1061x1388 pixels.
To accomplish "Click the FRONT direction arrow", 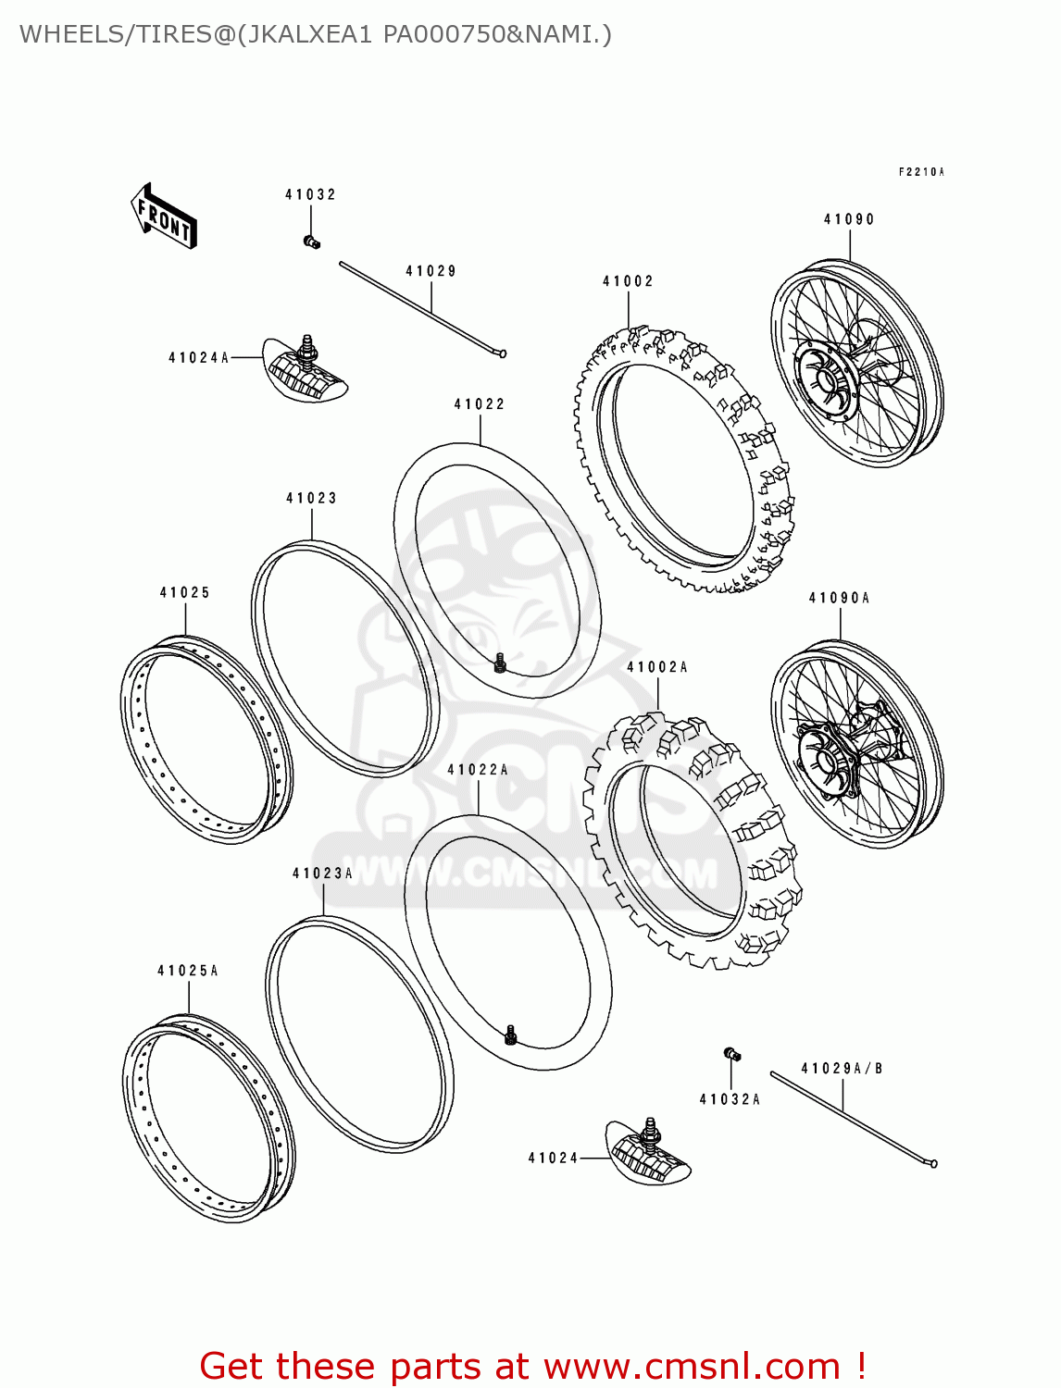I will pyautogui.click(x=164, y=217).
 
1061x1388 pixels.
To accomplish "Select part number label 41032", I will pyautogui.click(x=310, y=194).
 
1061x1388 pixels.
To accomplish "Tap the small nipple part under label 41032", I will pyautogui.click(x=311, y=242).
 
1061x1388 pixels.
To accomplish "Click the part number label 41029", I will pyautogui.click(x=431, y=271).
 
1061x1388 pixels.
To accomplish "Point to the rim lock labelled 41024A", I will pyautogui.click(x=306, y=371).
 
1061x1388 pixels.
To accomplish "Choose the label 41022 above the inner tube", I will pyautogui.click(x=480, y=404).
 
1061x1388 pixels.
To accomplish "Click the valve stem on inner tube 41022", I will pyautogui.click(x=500, y=663).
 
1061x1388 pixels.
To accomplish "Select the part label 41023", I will pyautogui.click(x=311, y=498).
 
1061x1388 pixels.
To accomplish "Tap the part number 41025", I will pyautogui.click(x=185, y=592).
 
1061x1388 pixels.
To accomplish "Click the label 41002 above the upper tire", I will pyautogui.click(x=628, y=281).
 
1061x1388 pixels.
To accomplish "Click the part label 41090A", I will pyautogui.click(x=839, y=598).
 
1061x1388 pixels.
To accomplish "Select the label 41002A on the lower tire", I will pyautogui.click(x=657, y=667).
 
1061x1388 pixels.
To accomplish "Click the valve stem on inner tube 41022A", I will pyautogui.click(x=510, y=1035).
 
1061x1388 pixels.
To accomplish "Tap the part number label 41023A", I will pyautogui.click(x=322, y=874).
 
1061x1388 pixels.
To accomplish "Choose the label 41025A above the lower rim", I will pyautogui.click(x=188, y=971).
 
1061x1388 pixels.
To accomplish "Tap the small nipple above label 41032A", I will pyautogui.click(x=731, y=1054).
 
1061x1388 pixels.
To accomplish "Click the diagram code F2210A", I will pyautogui.click(x=920, y=172).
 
